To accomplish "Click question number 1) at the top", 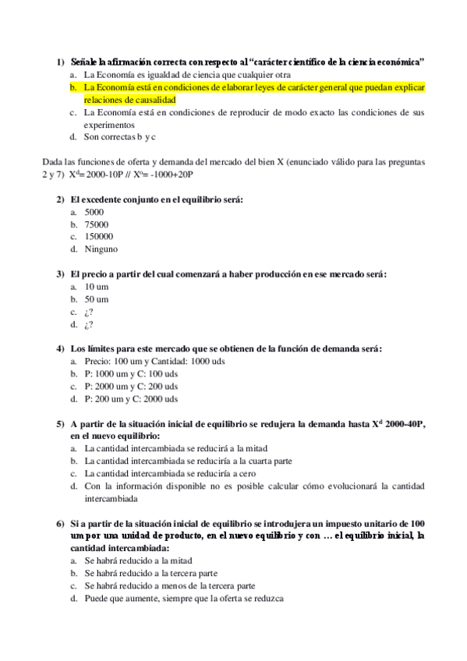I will point(60,62).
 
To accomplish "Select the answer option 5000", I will point(94,212).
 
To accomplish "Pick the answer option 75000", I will point(97,224).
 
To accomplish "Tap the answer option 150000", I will point(99,236).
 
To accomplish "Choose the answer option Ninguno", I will point(101,249).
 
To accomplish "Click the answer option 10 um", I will point(97,286).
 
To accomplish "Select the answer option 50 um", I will point(97,299).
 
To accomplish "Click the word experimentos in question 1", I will point(109,125).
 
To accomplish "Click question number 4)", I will point(60,348).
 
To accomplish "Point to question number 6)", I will point(60,523).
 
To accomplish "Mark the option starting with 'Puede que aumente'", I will point(184,598).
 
